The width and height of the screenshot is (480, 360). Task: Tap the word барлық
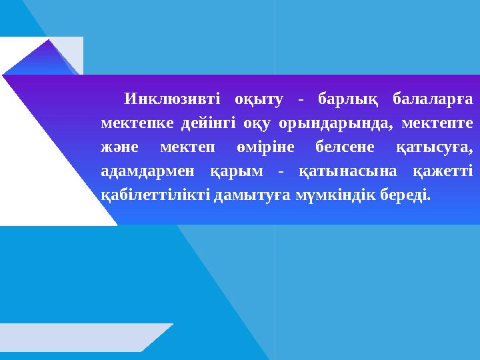click(x=346, y=101)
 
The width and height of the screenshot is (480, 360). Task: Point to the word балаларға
click(x=433, y=101)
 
